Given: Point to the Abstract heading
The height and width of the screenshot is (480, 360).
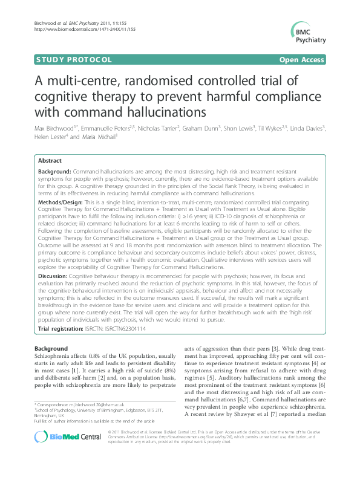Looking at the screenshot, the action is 49,161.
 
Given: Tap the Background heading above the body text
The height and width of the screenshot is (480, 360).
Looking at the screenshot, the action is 51,349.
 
